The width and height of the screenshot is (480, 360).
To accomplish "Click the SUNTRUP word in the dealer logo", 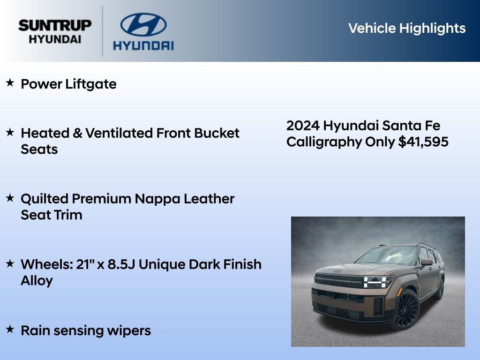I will point(55,25).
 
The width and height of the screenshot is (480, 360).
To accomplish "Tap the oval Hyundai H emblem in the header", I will point(143,24).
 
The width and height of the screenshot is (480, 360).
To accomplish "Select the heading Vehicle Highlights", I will point(407,28).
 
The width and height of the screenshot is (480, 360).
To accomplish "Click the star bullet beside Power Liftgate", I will point(10,83).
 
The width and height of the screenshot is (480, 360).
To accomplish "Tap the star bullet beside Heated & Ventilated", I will point(10,133).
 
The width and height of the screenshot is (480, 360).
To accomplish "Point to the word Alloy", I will point(37,281).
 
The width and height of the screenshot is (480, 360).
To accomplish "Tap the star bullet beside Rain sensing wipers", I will point(10,330).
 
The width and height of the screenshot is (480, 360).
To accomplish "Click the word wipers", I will point(131,331).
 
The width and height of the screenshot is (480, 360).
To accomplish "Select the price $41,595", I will point(423,142).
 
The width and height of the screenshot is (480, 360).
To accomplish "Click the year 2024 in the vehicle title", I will point(303,126).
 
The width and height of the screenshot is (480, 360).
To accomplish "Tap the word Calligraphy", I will point(324,142).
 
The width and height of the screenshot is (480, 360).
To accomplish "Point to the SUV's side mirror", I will point(426,262).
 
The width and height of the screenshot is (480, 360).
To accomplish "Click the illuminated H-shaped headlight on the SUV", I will point(378,282).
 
